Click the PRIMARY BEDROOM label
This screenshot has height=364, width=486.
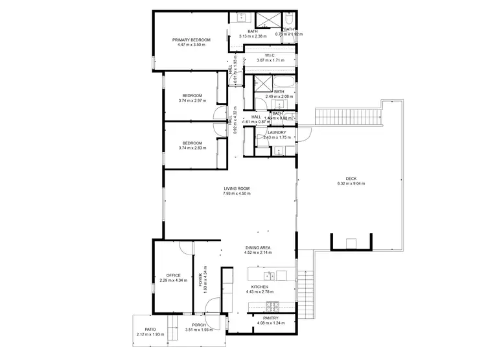[x=191, y=40]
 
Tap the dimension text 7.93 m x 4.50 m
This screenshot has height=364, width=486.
[x=236, y=194]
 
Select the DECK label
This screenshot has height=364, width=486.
[x=351, y=179]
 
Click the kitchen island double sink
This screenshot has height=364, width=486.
[x=277, y=277]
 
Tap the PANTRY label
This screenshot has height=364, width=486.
[x=271, y=318]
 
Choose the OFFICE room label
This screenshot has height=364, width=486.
[x=173, y=275]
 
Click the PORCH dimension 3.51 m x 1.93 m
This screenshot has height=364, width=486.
[x=198, y=330]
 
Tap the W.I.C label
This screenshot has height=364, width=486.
[x=270, y=55]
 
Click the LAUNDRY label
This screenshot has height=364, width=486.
[x=277, y=132]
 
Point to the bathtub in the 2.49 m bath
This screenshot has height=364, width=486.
[x=283, y=82]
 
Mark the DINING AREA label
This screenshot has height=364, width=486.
[x=257, y=248]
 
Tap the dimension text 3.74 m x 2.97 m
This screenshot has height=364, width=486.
[x=192, y=100]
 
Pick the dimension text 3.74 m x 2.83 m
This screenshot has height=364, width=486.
[x=192, y=148]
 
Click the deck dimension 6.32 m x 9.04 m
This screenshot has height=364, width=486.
[x=351, y=184]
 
